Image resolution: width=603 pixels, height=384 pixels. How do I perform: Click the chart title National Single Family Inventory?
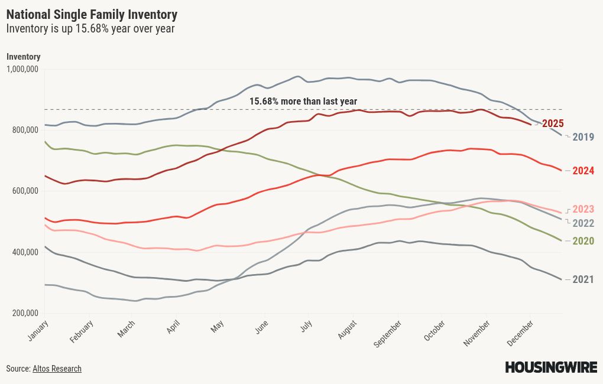92,14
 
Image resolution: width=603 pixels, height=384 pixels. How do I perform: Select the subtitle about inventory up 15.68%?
90,28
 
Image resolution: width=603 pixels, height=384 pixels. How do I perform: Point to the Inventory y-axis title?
24,57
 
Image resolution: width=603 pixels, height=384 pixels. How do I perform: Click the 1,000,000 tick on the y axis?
22,69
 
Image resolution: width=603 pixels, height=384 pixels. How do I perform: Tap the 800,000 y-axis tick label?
25,130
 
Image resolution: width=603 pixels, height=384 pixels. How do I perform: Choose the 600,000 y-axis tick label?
25,191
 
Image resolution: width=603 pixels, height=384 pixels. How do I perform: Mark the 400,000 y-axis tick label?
25,252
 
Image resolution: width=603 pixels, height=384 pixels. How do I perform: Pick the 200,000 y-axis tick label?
25,313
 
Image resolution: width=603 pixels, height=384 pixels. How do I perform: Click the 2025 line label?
553,124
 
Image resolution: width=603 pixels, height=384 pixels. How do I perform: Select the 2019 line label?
583,137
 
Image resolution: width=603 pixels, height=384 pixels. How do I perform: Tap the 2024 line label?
583,171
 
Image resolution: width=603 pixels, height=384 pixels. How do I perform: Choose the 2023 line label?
583,210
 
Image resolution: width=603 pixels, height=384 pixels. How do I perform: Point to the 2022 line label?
583,223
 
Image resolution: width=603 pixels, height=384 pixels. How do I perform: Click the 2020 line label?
583,241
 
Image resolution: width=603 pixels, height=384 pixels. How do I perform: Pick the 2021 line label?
583,279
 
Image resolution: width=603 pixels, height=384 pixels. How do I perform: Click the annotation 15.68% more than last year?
303,101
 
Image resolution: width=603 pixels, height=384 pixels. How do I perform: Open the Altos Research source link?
57,369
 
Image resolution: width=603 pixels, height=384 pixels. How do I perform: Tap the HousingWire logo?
550,367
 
